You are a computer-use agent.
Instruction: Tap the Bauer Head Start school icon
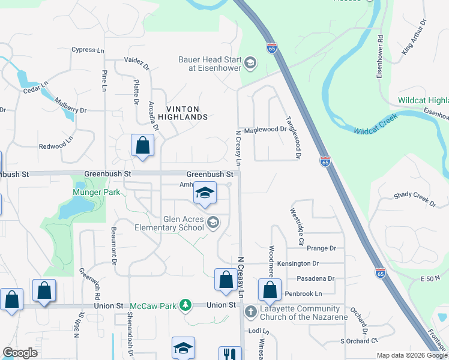coord(250,62)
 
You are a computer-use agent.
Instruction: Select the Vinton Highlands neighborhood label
coord(182,112)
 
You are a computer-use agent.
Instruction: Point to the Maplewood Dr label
coord(265,129)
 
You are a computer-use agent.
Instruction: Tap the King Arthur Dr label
coord(415,38)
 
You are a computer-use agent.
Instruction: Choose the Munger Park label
coord(97,192)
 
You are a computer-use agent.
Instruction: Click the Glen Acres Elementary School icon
coord(212,223)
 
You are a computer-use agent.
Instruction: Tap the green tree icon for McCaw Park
coord(186,305)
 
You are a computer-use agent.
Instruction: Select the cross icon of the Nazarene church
coord(251,310)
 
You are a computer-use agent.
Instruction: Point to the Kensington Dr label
coord(307,263)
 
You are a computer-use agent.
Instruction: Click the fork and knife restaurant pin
coord(229,355)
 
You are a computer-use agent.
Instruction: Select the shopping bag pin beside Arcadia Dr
coord(142,146)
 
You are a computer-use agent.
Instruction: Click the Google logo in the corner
coord(20,353)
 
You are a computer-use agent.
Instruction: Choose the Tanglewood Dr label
coord(294,137)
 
